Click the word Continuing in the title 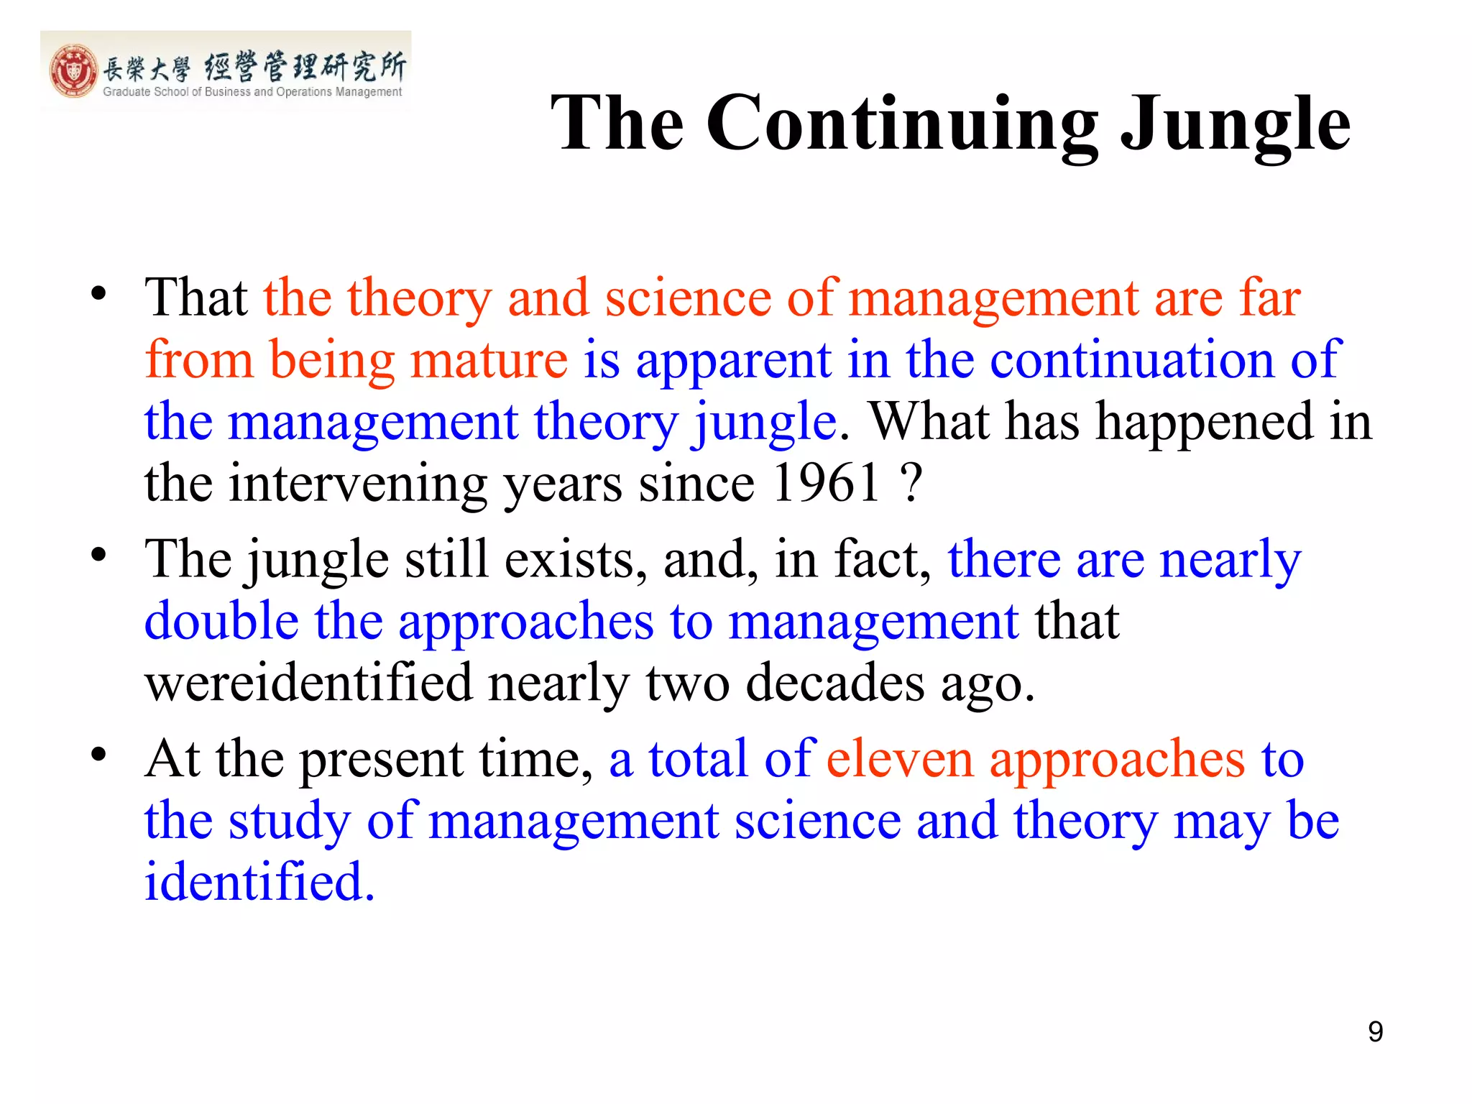[902, 124]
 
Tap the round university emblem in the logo [73, 70]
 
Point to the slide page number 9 [1375, 1031]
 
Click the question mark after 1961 [911, 482]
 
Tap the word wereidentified [308, 682]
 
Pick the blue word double [221, 620]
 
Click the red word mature [489, 359]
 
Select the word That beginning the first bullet [195, 297]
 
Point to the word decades [834, 682]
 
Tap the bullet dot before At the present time [98, 755]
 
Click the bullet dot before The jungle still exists [98, 556]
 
